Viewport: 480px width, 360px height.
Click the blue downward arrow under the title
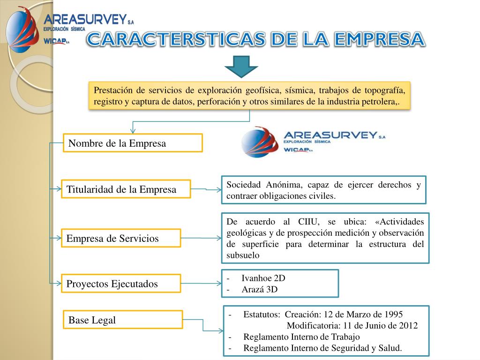tap(241, 66)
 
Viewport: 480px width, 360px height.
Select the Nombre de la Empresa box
tap(133, 143)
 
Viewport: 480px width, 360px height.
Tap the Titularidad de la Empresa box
tap(127, 189)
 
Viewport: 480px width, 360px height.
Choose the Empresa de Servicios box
tap(121, 238)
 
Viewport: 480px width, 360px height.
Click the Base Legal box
tap(122, 320)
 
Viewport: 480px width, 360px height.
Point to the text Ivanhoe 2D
tap(263, 278)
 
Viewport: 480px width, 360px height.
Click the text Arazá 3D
tap(259, 289)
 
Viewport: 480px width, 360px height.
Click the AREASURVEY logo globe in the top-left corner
tap(21, 29)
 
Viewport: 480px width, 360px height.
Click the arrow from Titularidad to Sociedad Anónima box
tap(207, 190)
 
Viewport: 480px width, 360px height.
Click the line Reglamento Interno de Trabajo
tap(301, 337)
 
